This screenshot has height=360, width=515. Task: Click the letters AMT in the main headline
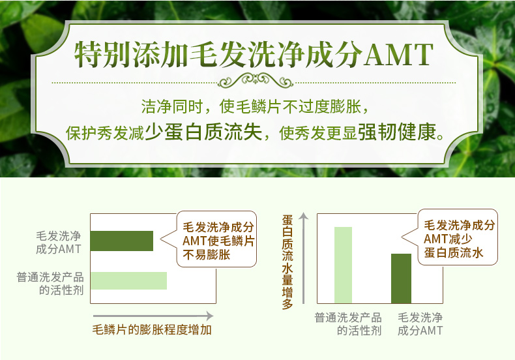click(398, 54)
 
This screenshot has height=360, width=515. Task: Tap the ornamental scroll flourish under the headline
click(255, 80)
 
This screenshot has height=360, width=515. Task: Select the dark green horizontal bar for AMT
click(122, 241)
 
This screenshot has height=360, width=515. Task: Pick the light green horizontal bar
click(129, 280)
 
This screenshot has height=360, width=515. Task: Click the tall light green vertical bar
click(343, 265)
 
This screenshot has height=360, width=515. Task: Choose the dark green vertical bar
click(401, 278)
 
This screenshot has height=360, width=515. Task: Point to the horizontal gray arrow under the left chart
click(153, 316)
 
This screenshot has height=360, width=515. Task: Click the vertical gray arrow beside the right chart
click(304, 258)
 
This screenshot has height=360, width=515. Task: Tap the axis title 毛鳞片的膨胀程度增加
click(152, 329)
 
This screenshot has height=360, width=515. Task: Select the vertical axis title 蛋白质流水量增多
click(287, 262)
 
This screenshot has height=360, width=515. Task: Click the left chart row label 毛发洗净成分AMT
click(59, 243)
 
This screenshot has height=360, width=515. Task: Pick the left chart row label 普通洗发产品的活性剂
click(50, 284)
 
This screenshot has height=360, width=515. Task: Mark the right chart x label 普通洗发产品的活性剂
click(348, 324)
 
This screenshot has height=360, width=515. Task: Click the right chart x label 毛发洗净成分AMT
click(420, 324)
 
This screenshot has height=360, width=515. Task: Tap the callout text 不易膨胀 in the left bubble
click(207, 254)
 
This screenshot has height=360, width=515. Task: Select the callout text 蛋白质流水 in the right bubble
click(454, 252)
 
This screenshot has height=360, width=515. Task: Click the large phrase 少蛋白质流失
click(203, 132)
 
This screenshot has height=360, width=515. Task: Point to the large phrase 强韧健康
click(397, 132)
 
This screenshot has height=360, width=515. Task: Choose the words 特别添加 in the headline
click(130, 54)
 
